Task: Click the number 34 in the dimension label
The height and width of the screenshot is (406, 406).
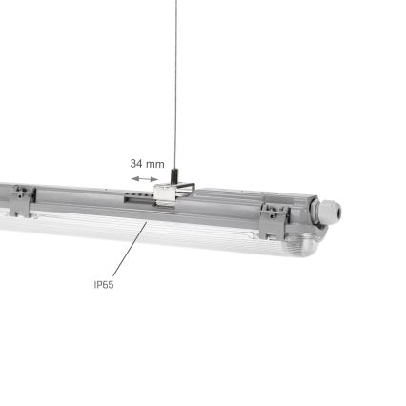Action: pos(136,163)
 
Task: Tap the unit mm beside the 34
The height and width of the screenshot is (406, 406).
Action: pos(155,163)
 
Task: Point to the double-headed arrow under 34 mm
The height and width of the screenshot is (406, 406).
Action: pos(146,177)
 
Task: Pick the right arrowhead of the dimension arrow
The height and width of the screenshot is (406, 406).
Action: pos(157,177)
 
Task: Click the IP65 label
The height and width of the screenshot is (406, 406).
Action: pos(104,284)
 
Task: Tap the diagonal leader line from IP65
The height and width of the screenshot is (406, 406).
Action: pos(127,252)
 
